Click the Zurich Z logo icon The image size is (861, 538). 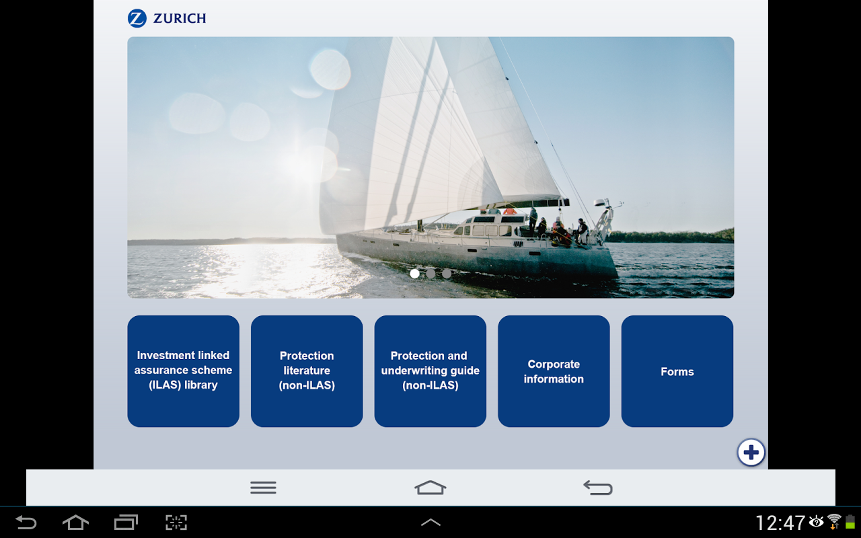click(137, 18)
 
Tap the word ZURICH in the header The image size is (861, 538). click(180, 18)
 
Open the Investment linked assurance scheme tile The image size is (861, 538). click(184, 371)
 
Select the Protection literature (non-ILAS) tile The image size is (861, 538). click(307, 371)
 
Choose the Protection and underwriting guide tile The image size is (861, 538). click(430, 371)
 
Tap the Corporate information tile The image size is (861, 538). click(554, 371)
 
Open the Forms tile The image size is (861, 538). click(677, 371)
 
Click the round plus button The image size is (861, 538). click(751, 453)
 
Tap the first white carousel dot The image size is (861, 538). click(414, 274)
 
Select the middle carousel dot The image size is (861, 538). click(430, 274)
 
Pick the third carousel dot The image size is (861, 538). click(447, 274)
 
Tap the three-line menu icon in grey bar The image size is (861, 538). click(263, 488)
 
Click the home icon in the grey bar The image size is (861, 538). click(430, 488)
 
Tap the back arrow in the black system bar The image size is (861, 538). click(26, 523)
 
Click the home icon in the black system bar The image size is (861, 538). click(75, 523)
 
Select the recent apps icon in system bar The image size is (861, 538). click(126, 523)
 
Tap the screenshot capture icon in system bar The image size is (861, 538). click(176, 523)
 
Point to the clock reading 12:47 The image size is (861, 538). click(780, 523)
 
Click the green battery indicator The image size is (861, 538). click(850, 522)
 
